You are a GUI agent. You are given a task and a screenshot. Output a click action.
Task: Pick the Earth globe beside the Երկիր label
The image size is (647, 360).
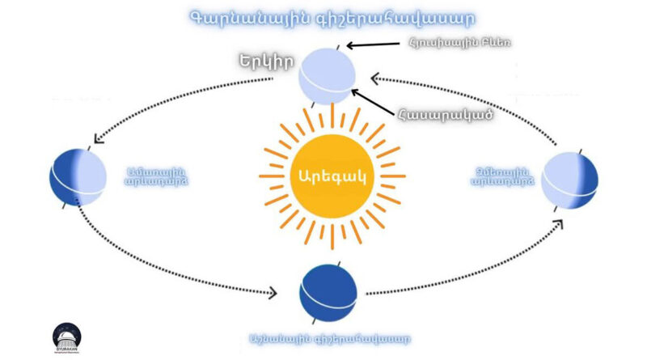327,76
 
